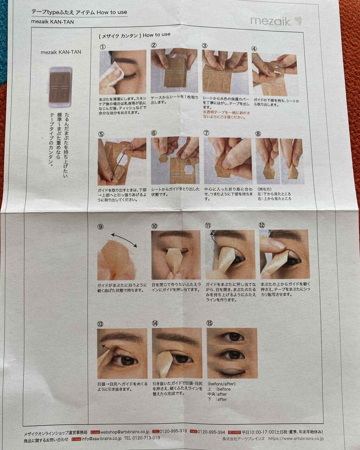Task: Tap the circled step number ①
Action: (102, 46)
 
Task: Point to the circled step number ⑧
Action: (258, 134)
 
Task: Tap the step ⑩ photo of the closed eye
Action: (176, 255)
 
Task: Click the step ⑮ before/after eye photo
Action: (232, 353)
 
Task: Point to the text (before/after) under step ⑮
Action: (221, 384)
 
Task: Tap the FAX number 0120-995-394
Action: (211, 432)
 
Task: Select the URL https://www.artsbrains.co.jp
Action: (296, 439)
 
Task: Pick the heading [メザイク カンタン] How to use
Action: (135, 35)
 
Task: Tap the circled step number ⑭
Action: (155, 323)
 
